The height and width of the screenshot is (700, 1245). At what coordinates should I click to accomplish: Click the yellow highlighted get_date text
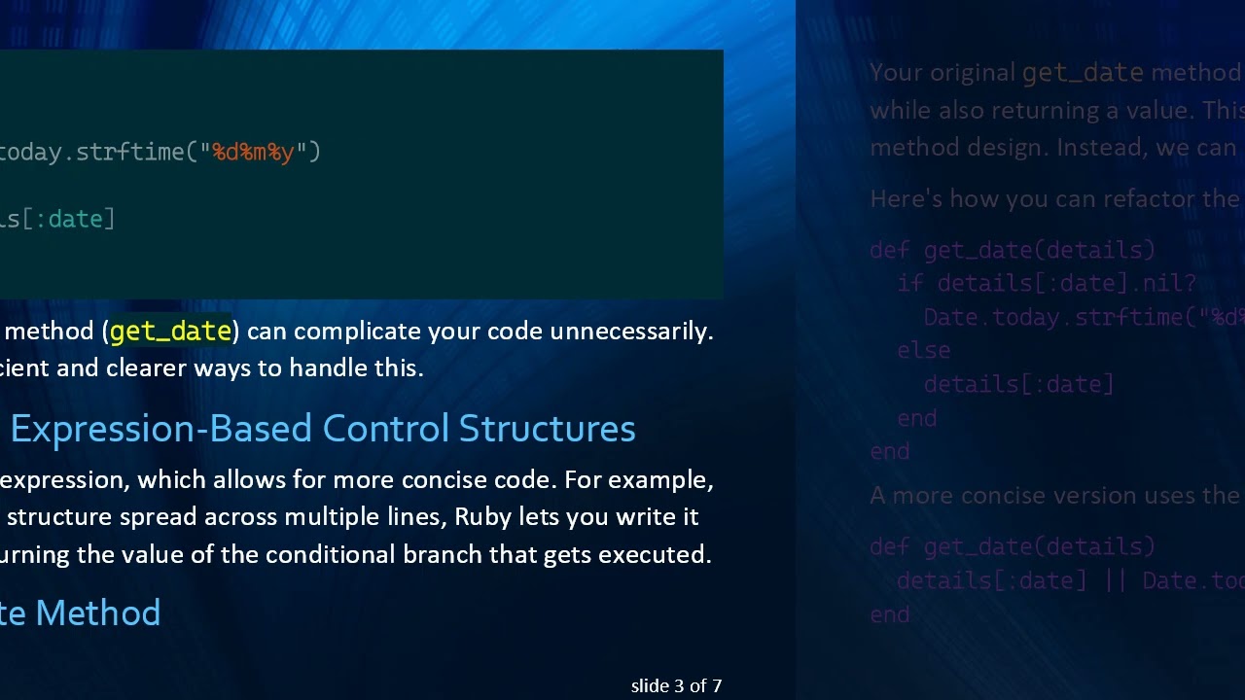tap(170, 332)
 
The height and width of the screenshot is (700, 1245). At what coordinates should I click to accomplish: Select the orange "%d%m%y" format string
tap(253, 152)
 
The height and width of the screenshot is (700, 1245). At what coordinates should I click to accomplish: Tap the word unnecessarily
tap(631, 332)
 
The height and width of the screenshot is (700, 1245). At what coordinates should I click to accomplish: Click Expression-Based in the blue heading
tap(160, 429)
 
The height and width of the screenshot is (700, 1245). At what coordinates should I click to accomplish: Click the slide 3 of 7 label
tap(676, 686)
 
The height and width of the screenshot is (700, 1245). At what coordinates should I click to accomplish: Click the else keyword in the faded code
tap(924, 350)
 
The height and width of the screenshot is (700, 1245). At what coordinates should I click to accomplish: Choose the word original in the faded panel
tap(973, 73)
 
